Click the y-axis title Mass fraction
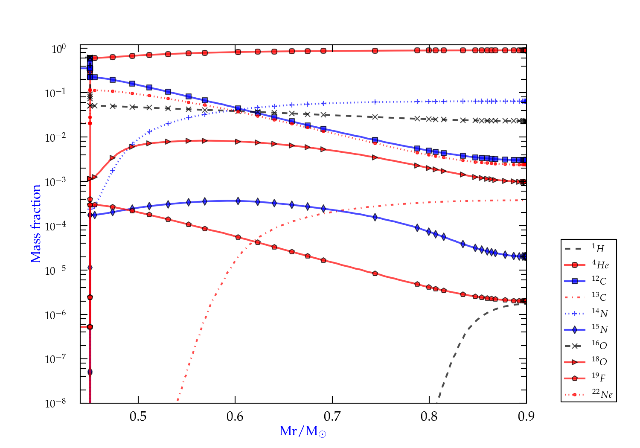click(x=36, y=224)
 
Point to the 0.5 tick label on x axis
click(x=138, y=416)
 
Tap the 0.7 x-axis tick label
click(x=332, y=416)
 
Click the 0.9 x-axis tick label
click(x=526, y=416)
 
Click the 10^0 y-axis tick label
click(x=59, y=49)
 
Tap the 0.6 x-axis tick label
click(x=235, y=416)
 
